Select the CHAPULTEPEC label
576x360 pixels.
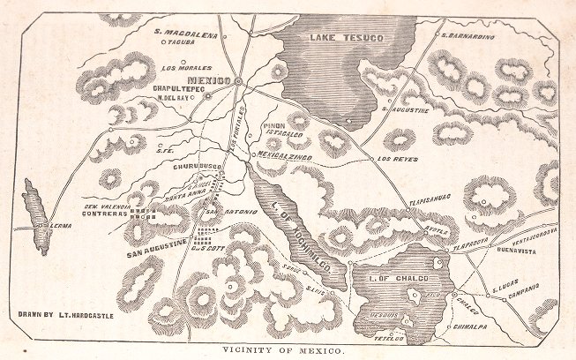click(x=178, y=89)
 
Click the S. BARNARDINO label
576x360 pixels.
click(x=468, y=36)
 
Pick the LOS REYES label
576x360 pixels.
click(x=396, y=159)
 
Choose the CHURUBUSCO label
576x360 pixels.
click(x=183, y=163)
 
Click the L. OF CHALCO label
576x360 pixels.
click(x=399, y=280)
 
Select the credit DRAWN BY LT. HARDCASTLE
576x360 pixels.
click(x=66, y=313)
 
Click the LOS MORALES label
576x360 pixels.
click(x=186, y=67)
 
